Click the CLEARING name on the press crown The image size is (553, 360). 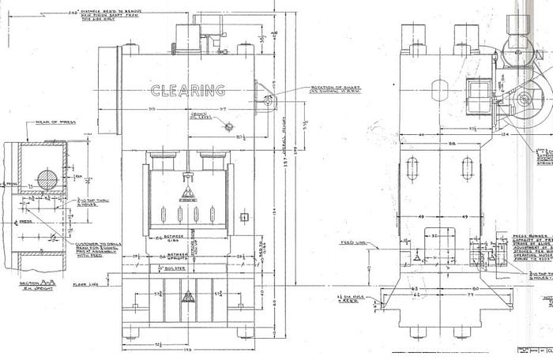[x=187, y=90]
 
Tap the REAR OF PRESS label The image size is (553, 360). [x=49, y=123]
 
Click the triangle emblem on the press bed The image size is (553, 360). [x=187, y=298]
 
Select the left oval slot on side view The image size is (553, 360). [x=412, y=168]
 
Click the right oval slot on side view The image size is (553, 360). [x=467, y=168]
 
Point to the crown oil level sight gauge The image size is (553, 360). [x=228, y=126]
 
